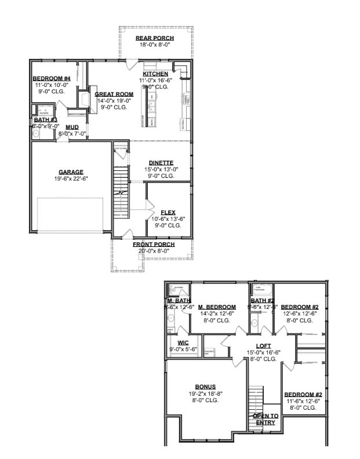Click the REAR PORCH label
155,38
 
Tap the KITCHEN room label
155,74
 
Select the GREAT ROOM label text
114,94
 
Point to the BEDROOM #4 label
52,78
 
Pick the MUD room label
72,127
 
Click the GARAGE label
71,172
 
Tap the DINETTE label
161,162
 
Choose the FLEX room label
168,212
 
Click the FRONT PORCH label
154,245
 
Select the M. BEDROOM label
217,307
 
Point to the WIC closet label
183,343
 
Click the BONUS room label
205,387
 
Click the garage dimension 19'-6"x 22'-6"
71,178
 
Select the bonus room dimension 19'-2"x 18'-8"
205,394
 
